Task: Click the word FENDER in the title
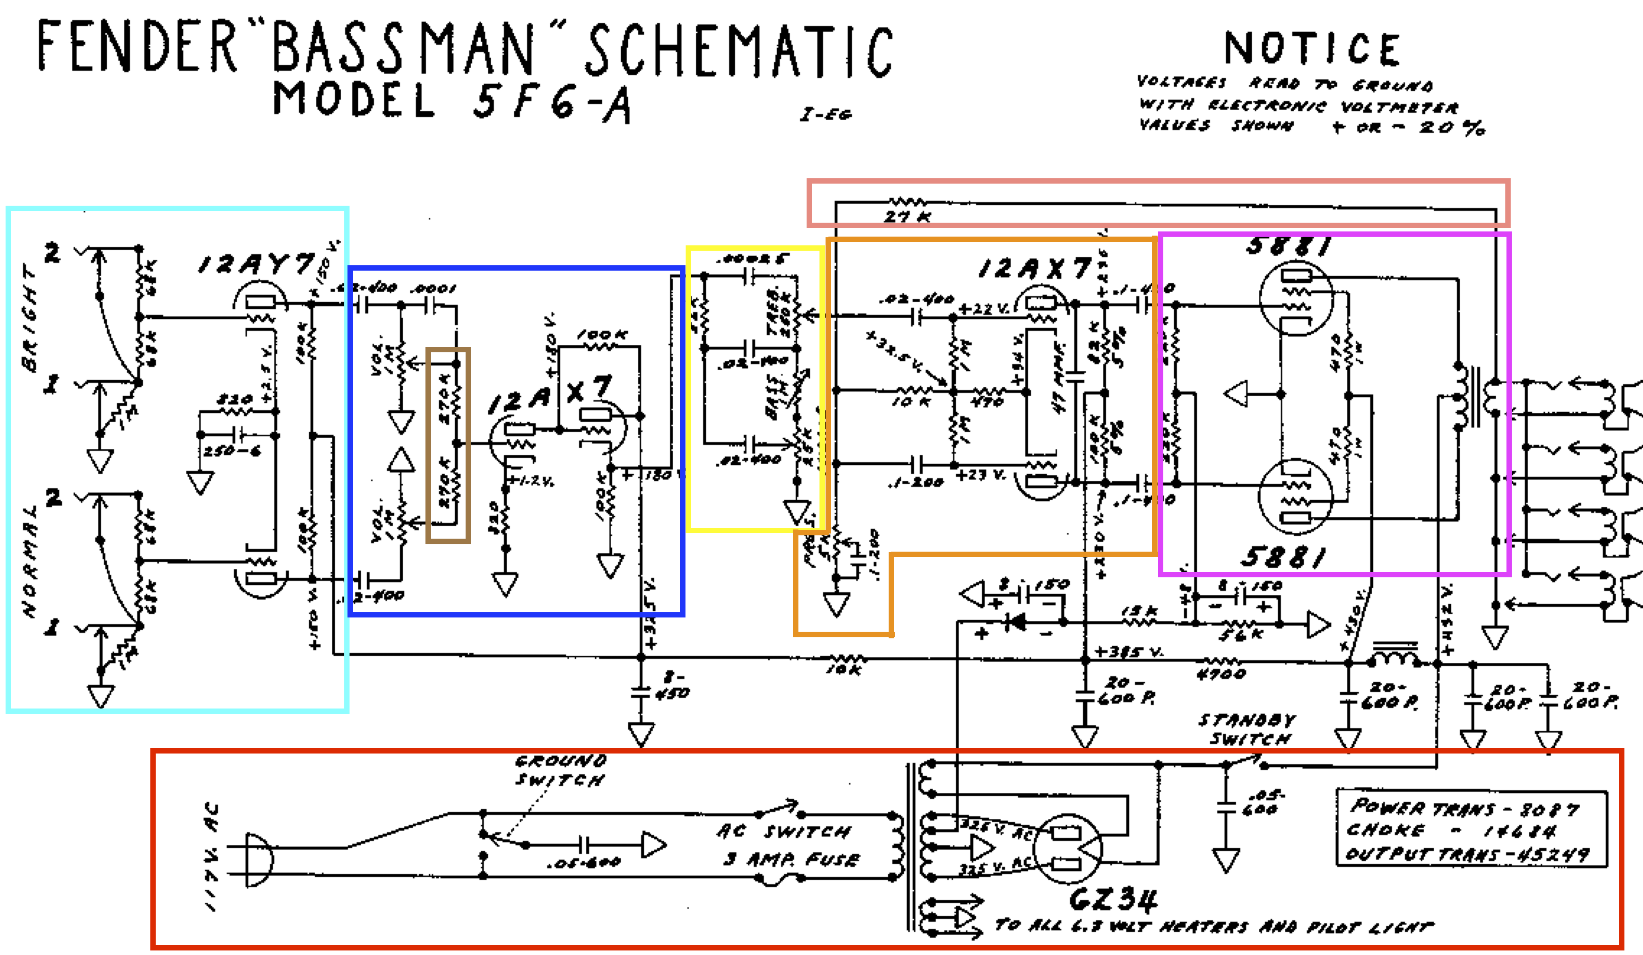pyautogui.click(x=137, y=46)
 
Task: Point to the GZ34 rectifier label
pyautogui.click(x=1113, y=900)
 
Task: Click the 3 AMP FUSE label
pyautogui.click(x=791, y=859)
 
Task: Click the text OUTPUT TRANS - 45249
pyautogui.click(x=1467, y=854)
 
